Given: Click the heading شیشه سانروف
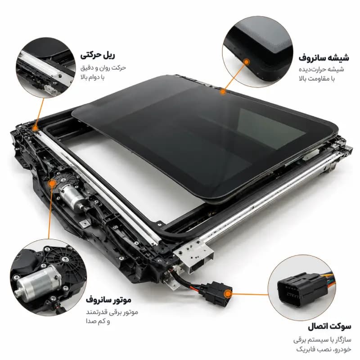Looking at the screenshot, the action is tap(324, 58).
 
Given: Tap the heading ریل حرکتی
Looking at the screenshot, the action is tap(98, 55).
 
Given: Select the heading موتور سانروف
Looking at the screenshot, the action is tap(108, 300).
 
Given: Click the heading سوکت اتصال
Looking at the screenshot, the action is tap(329, 326).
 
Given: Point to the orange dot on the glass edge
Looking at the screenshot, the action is tap(222, 92).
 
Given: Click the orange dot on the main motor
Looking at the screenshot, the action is tap(52, 183).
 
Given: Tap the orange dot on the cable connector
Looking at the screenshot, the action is tap(228, 294).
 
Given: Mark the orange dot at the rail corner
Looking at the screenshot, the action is tap(35, 128).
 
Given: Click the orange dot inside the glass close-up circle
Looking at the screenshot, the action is tap(246, 62).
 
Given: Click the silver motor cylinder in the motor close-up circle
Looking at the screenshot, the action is tap(38, 283).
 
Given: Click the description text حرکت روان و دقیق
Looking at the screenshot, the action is tap(103, 68).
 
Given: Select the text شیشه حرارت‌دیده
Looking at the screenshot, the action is tap(321, 69).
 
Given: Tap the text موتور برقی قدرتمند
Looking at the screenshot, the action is tap(112, 312).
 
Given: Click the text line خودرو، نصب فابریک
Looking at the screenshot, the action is tap(324, 349).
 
